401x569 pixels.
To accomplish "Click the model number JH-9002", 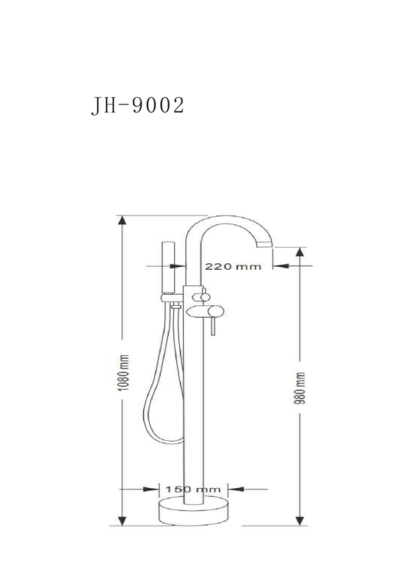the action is point(138,106).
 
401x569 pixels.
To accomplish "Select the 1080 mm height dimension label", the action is point(124,373).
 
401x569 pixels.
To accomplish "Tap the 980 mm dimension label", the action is point(301,388).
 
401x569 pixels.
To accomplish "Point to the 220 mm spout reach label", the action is point(233,267).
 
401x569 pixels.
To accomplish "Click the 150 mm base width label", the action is point(193,490).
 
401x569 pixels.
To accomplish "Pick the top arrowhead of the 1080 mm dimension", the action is point(123,221).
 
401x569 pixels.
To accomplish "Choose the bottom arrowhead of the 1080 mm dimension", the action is point(123,520).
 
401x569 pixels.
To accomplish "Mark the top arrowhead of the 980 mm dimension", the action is point(300,253).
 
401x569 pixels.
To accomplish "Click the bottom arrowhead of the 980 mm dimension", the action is point(300,520).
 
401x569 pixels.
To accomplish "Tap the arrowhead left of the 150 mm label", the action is point(151,489).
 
